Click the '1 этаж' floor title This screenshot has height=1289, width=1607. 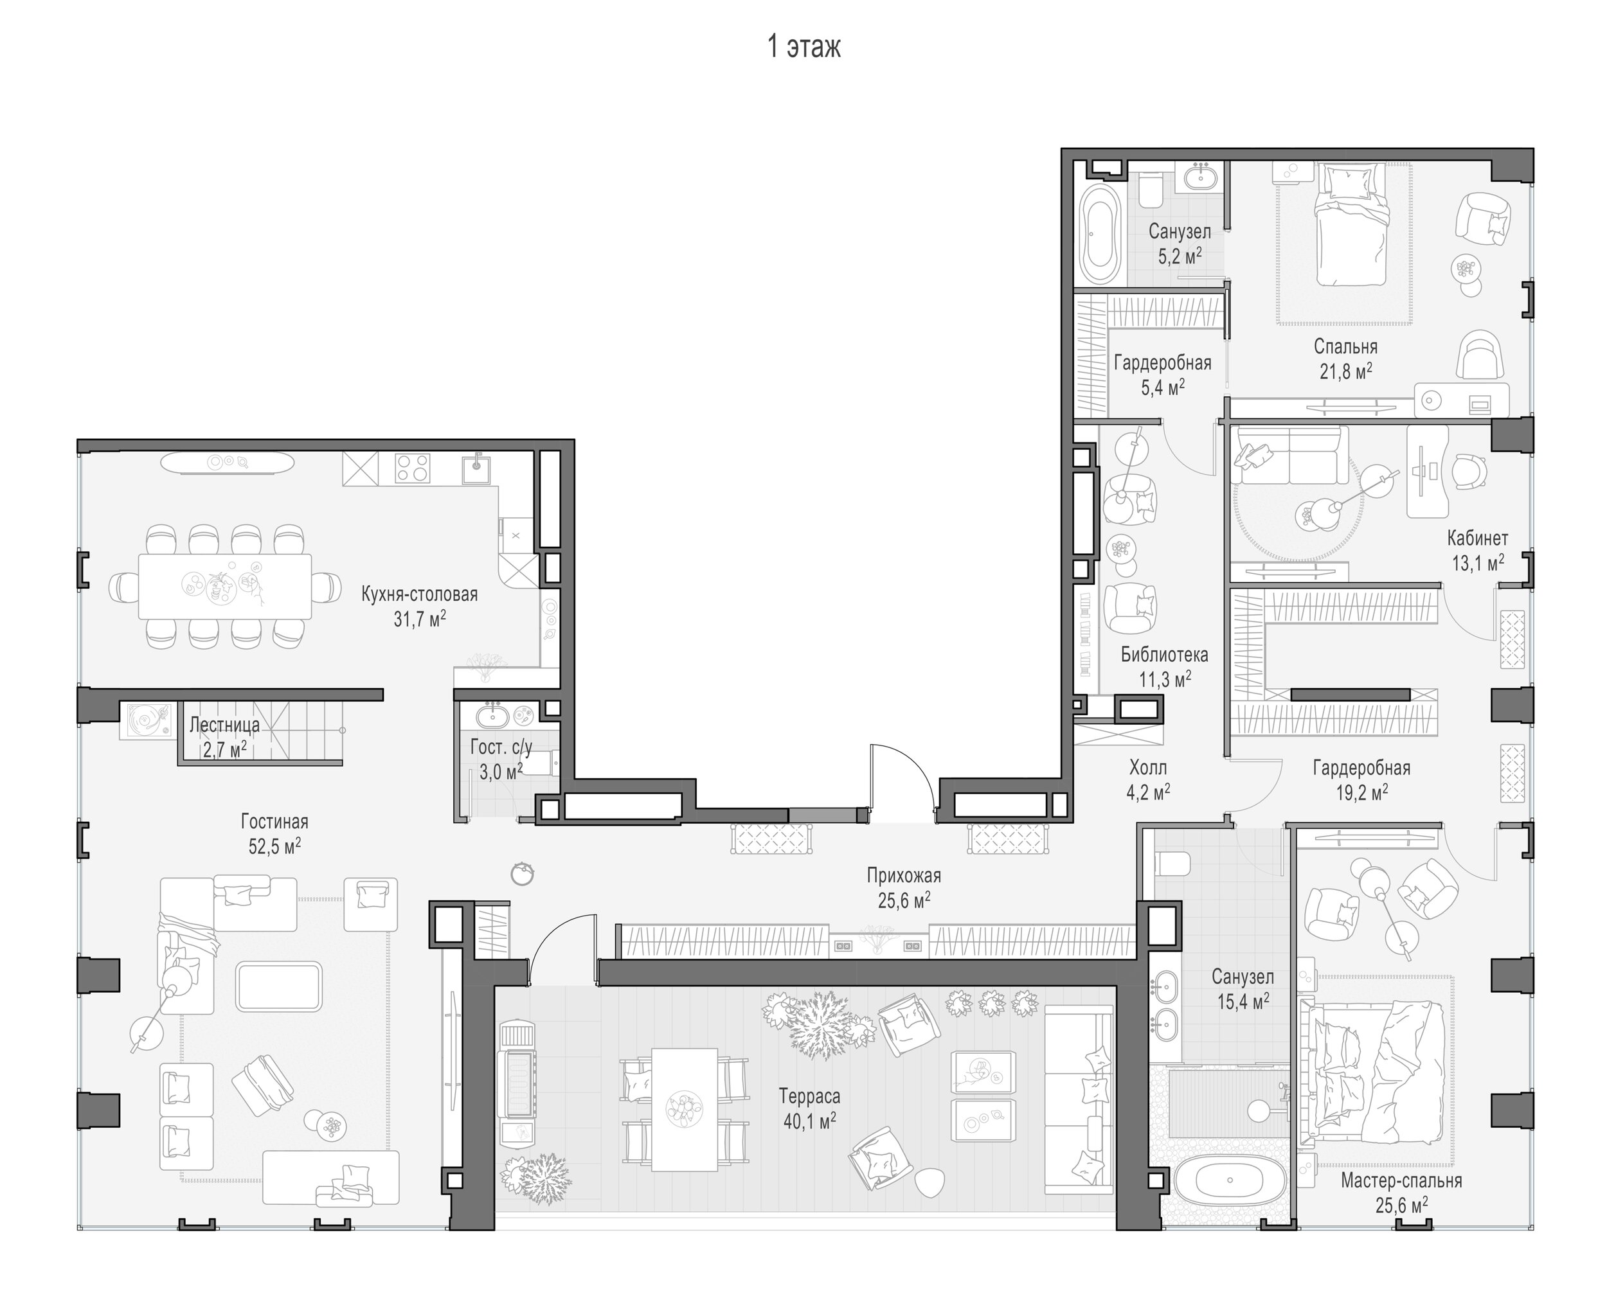click(804, 47)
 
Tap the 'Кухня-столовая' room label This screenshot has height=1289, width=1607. click(420, 594)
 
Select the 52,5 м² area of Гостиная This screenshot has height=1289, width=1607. click(274, 846)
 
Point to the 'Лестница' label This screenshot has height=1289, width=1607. click(224, 724)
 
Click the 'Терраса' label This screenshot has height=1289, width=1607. click(809, 1096)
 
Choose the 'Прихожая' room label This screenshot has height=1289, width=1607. click(903, 875)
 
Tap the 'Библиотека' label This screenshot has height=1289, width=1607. click(1164, 654)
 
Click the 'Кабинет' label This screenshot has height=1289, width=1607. click(1477, 537)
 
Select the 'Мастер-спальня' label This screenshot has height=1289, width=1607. click(1401, 1180)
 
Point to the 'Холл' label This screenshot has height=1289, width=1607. click(1148, 767)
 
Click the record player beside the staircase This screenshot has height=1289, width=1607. click(146, 720)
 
